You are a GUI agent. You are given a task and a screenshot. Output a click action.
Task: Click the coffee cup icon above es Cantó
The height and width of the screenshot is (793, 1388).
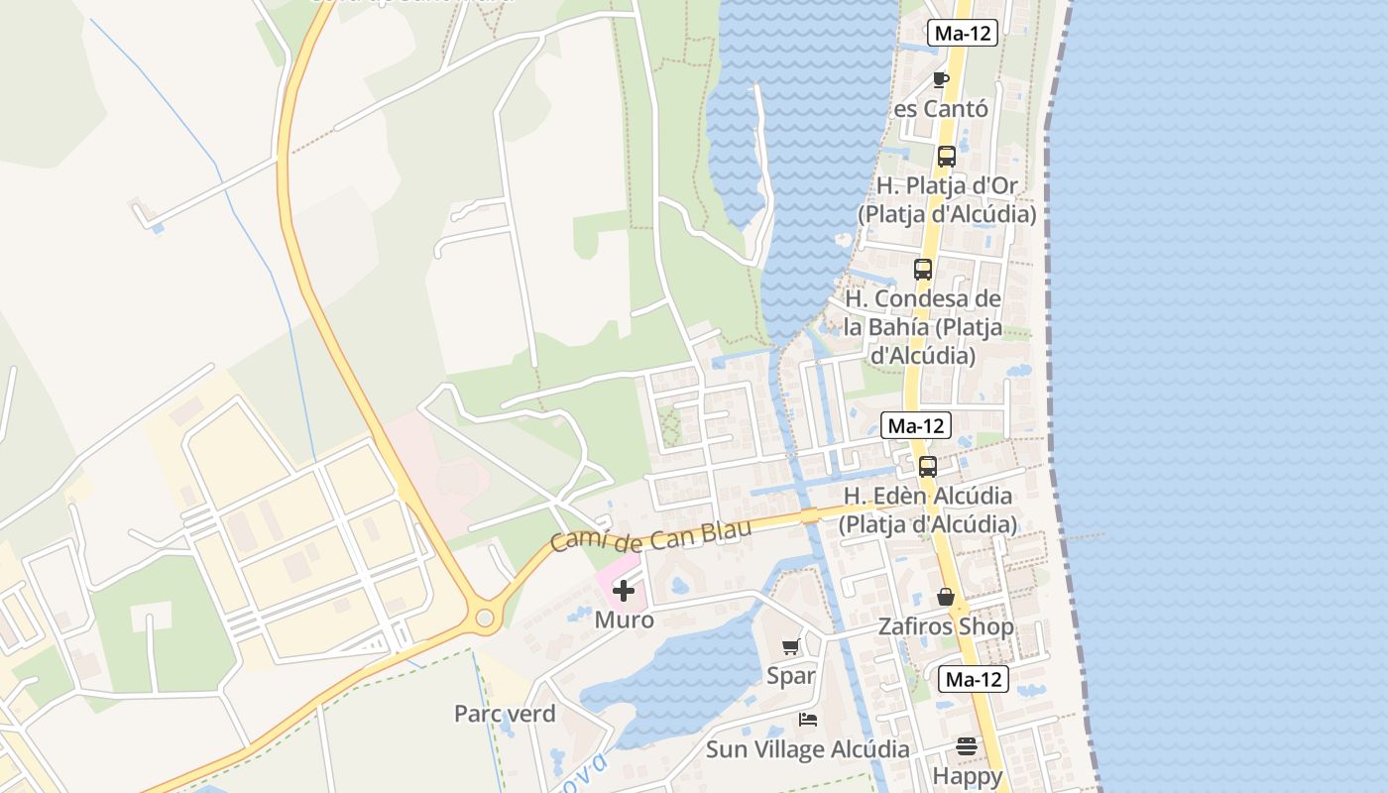[941, 79]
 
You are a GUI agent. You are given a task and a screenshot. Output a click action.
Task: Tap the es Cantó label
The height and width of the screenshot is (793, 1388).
[941, 109]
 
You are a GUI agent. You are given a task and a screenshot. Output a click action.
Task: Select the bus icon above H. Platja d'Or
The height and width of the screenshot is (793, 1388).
[946, 157]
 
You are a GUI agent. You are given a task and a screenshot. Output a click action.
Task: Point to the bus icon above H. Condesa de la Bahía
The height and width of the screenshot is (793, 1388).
[923, 270]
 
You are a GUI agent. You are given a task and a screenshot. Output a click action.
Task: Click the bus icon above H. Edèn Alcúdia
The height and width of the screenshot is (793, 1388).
[928, 467]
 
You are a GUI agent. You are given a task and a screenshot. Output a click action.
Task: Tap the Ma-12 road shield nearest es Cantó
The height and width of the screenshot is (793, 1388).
[963, 33]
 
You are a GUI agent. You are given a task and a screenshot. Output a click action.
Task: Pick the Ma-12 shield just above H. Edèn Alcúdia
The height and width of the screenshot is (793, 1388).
[916, 426]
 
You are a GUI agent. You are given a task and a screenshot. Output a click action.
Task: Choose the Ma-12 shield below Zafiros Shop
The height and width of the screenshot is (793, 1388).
[974, 680]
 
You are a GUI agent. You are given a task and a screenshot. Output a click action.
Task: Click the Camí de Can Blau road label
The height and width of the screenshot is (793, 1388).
[650, 535]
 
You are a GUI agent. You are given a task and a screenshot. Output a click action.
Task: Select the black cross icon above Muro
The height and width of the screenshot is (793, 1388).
[624, 592]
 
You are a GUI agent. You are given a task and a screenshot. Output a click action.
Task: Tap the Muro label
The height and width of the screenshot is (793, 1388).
[625, 621]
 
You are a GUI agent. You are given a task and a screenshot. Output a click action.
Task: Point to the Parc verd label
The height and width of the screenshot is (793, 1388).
[505, 714]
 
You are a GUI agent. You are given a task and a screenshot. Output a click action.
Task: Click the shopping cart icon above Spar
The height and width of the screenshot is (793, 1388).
[791, 647]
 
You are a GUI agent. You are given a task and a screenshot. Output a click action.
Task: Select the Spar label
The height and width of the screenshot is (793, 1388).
[791, 676]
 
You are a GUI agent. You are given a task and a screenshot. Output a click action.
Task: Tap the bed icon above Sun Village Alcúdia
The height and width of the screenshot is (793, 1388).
[808, 720]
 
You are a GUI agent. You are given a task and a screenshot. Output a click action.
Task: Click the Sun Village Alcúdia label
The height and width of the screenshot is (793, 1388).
[808, 749]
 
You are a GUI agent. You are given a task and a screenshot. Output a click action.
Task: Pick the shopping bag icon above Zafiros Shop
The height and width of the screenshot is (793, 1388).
[946, 597]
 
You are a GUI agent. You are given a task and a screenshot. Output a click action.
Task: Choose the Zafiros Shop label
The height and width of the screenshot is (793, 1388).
[946, 626]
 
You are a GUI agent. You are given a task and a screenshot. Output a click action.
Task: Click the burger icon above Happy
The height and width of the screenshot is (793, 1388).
[967, 746]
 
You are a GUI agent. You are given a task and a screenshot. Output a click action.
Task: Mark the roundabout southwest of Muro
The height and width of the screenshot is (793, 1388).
[485, 619]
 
